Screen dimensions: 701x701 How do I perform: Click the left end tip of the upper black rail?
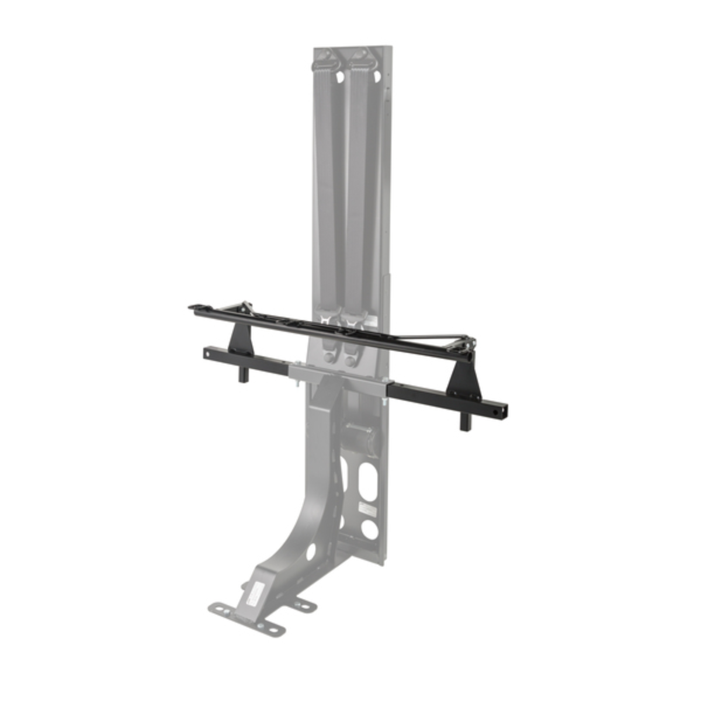tap(191, 307)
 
